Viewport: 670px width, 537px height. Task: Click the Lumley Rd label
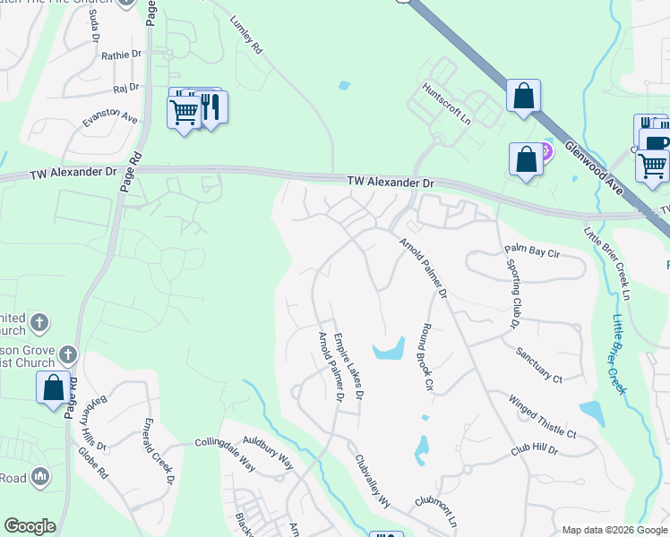point(246,37)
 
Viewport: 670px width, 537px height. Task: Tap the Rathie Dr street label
point(122,55)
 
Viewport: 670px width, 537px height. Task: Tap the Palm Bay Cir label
point(532,253)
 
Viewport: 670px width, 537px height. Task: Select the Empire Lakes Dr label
point(348,365)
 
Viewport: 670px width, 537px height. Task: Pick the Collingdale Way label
point(226,454)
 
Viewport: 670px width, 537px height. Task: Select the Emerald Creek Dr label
point(159,450)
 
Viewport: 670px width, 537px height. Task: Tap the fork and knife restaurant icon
point(210,107)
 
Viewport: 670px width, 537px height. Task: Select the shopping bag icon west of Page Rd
point(53,388)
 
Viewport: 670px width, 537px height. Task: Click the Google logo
point(30,526)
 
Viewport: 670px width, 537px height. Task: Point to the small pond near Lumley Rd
point(345,87)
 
